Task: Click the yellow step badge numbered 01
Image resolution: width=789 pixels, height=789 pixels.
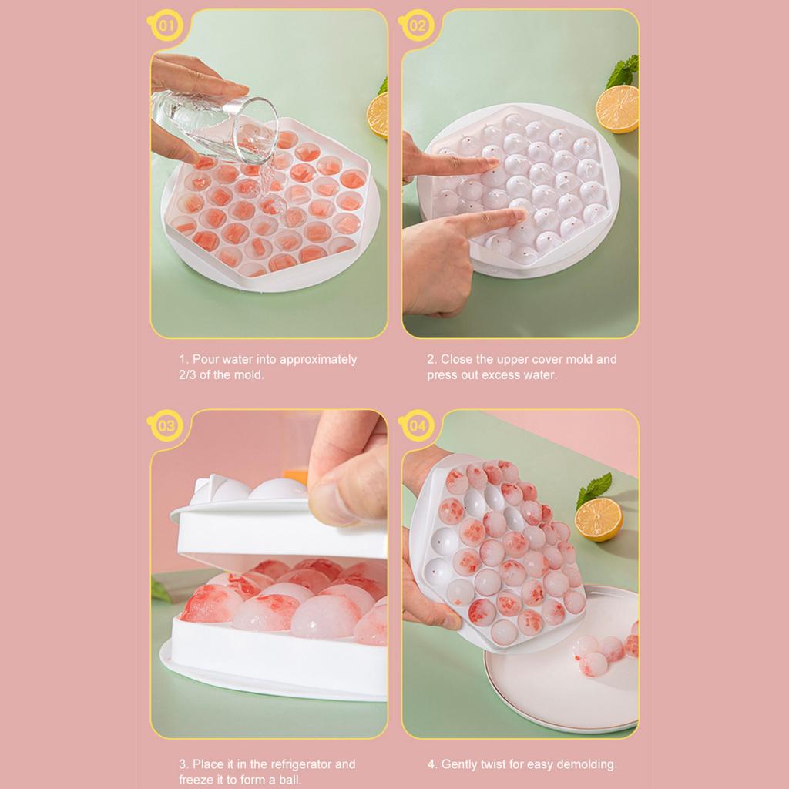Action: [166, 25]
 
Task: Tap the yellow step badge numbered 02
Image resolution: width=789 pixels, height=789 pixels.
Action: [417, 25]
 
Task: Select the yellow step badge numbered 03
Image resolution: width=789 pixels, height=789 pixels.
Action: [166, 425]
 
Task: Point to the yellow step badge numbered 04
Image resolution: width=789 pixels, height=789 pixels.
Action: [417, 425]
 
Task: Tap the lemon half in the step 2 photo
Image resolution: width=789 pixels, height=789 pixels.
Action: [617, 109]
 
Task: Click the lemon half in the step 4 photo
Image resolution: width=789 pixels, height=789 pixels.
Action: [599, 519]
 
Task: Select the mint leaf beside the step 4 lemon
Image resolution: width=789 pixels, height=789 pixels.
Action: [594, 489]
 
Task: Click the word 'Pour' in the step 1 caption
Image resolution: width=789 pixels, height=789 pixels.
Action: [206, 359]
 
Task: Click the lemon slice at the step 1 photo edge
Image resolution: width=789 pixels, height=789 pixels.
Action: [378, 116]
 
